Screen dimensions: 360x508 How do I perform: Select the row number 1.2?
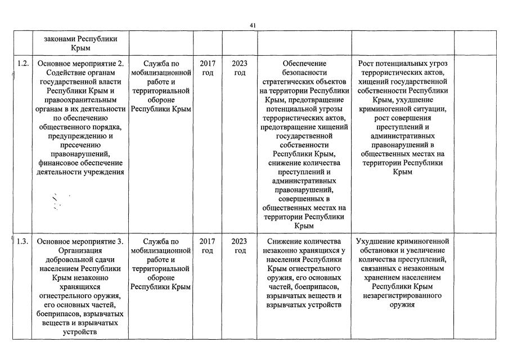tap(23, 63)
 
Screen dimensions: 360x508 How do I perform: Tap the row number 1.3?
tap(23, 241)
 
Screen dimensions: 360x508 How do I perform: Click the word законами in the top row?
tap(60, 40)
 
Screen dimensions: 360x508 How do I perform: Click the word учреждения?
tap(102, 172)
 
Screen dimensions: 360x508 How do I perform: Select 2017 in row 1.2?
tap(208, 63)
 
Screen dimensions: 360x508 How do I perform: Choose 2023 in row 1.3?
tap(240, 241)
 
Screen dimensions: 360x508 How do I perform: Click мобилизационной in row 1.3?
tap(161, 250)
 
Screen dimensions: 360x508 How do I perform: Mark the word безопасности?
tap(304, 73)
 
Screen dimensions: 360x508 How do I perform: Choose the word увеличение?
tap(422, 250)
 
